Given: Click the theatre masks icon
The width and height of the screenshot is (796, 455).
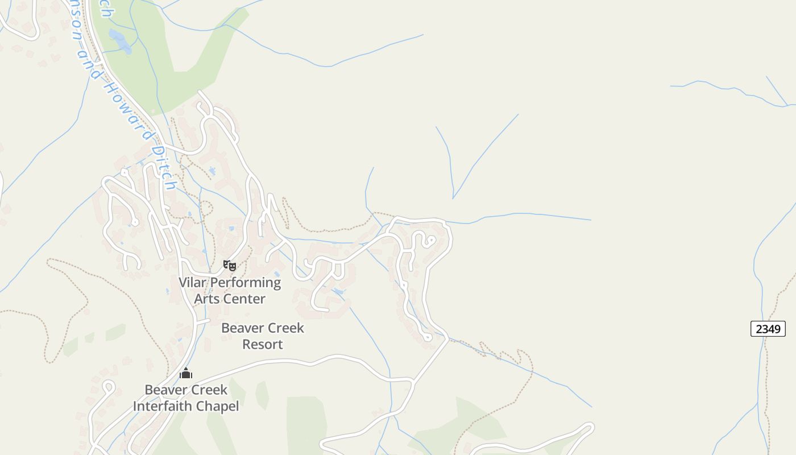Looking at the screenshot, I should tap(229, 265).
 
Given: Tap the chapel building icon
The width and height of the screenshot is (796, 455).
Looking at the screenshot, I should tap(186, 373).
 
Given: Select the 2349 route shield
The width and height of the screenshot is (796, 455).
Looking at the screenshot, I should tap(768, 328).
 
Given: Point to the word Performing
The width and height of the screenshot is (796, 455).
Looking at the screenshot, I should tap(246, 283).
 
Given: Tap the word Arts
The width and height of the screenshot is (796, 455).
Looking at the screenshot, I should tap(206, 299).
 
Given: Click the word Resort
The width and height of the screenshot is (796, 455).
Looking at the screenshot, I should tap(263, 344).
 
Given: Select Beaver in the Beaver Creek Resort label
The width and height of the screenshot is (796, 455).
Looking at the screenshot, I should tap(242, 328).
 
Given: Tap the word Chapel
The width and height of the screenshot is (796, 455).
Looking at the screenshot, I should tap(218, 406).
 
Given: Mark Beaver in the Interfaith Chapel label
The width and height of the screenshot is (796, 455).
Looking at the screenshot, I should tap(165, 390).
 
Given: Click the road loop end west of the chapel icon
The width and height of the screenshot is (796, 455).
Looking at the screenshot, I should tap(108, 387).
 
